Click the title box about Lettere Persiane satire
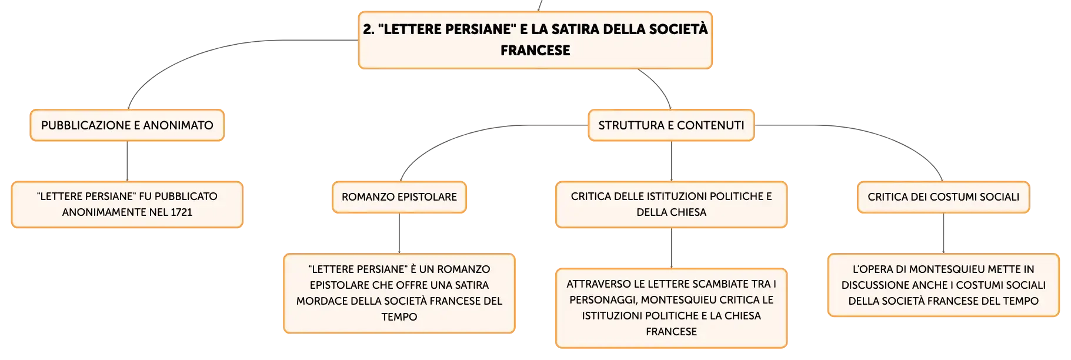(x=535, y=40)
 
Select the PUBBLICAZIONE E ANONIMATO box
(x=127, y=125)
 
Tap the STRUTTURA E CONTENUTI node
(x=671, y=125)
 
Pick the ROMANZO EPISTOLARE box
(x=399, y=197)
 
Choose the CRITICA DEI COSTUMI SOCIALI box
(x=943, y=197)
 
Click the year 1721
(x=182, y=212)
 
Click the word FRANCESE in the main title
(x=535, y=51)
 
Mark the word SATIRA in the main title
(x=577, y=29)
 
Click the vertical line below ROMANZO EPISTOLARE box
(x=399, y=234)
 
